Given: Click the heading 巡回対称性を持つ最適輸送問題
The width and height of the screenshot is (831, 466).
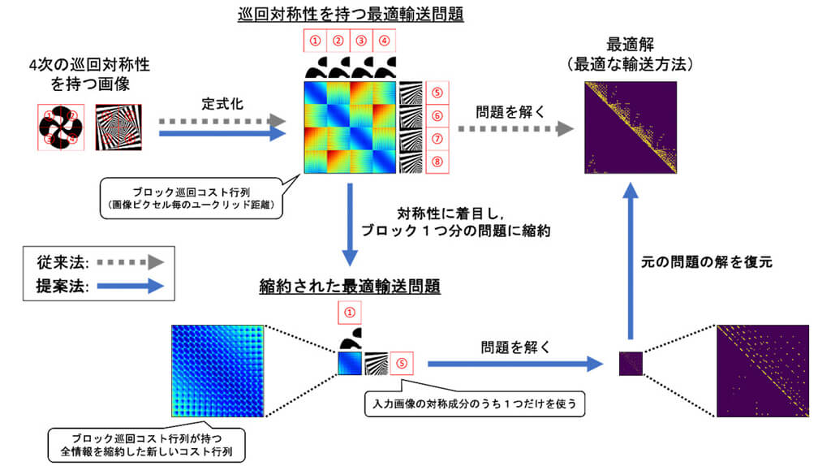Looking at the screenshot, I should point(350,13).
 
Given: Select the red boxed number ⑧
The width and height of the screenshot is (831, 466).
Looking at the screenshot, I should point(437,162).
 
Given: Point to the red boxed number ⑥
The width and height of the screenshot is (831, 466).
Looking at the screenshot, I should point(437,116).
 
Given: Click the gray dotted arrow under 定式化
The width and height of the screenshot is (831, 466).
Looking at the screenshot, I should point(221,121).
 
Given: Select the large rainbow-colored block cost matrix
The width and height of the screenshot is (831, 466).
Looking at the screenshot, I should point(351,127).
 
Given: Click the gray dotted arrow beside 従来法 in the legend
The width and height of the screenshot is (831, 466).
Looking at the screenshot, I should point(126,261).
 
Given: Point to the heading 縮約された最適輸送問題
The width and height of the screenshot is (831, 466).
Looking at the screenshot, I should point(350,285).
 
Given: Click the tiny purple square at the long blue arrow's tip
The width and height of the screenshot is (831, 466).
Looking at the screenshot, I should point(630,362).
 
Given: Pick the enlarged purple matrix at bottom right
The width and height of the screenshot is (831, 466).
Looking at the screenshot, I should point(763,371).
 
